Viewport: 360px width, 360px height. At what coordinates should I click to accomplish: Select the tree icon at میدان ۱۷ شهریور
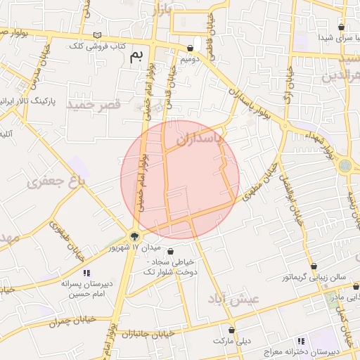(134, 236)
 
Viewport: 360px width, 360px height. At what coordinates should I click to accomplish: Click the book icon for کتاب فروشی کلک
(97, 35)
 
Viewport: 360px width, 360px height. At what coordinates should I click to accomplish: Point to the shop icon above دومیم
(191, 49)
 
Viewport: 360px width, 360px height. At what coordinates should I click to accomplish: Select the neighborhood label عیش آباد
(233, 299)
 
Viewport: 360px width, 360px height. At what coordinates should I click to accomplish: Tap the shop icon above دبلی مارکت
(231, 329)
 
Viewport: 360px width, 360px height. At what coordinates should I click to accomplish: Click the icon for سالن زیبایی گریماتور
(314, 266)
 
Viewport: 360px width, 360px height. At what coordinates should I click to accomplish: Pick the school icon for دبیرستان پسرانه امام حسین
(86, 273)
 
